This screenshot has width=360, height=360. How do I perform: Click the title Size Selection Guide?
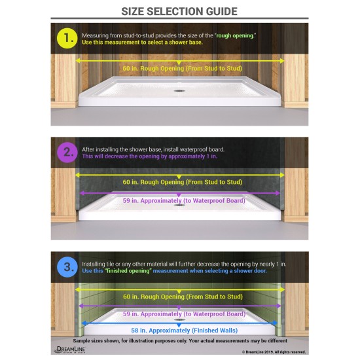click(x=179, y=11)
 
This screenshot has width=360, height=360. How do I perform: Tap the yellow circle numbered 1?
click(x=67, y=38)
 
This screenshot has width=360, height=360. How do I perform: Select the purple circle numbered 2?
click(x=67, y=153)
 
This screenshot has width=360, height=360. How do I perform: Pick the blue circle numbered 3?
click(x=67, y=267)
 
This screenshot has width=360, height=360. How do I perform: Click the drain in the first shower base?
click(x=179, y=91)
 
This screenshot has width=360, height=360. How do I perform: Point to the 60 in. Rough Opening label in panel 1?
click(x=183, y=69)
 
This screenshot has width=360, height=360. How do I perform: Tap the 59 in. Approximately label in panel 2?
click(x=184, y=201)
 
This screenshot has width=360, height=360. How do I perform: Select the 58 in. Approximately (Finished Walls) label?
click(x=184, y=331)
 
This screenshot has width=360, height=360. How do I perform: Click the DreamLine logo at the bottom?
click(x=69, y=350)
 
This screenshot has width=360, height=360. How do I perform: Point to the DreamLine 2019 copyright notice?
click(x=274, y=352)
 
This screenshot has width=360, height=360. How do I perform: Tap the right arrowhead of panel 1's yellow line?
click(x=282, y=61)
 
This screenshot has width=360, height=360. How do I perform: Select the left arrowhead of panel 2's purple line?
click(x=82, y=193)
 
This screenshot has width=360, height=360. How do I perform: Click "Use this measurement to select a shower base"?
click(x=142, y=43)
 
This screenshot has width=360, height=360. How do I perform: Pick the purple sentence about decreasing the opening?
click(x=150, y=156)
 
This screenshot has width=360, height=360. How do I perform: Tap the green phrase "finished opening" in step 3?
click(x=128, y=271)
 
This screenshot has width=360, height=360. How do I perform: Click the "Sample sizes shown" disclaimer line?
click(x=180, y=341)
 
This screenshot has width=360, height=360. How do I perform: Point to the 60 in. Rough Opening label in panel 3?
click(x=183, y=297)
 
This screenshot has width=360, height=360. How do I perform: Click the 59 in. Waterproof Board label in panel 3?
click(x=184, y=314)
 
